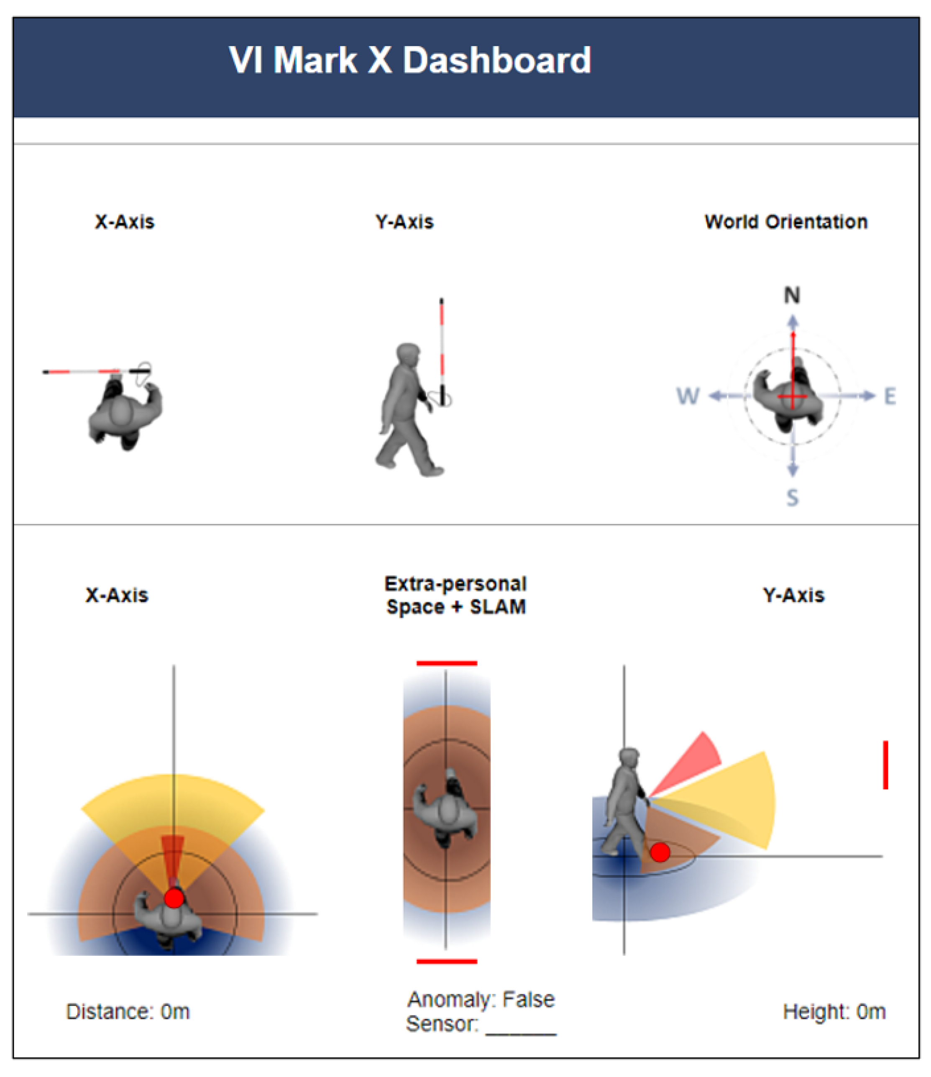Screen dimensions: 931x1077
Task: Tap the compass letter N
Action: click(x=792, y=295)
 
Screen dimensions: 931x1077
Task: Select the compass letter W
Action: click(x=688, y=396)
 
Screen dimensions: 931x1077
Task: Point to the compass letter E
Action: click(x=890, y=396)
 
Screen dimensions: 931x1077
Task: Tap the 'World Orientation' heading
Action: click(x=786, y=222)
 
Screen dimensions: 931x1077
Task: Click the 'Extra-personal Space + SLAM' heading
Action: click(x=456, y=595)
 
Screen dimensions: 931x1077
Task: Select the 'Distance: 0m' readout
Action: click(x=128, y=1011)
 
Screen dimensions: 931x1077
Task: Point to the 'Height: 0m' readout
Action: click(x=834, y=1011)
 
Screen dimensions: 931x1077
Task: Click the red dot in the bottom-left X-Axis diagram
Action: click(x=174, y=898)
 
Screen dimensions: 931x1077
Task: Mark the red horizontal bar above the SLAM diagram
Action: click(x=447, y=663)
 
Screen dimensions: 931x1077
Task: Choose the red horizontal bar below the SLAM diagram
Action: click(x=447, y=962)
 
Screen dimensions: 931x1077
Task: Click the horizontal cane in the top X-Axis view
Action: click(x=96, y=372)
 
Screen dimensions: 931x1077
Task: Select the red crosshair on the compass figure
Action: click(x=793, y=385)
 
